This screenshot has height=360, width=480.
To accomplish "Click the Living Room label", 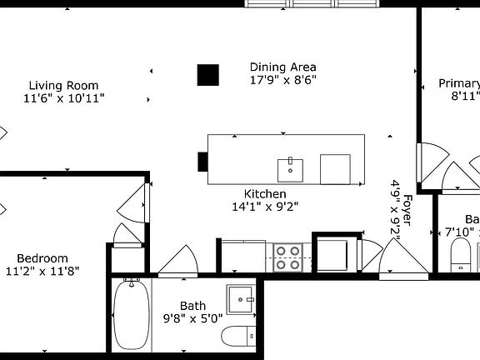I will (x=63, y=85).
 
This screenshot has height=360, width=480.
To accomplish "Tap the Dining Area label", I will (x=283, y=67).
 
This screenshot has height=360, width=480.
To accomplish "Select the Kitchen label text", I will (x=265, y=193).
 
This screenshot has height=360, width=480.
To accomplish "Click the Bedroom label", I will (x=42, y=258).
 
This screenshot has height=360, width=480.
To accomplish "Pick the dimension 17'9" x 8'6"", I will (x=283, y=80).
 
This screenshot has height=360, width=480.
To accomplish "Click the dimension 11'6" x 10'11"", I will (x=63, y=98).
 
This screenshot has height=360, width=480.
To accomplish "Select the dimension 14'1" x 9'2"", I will (x=265, y=207).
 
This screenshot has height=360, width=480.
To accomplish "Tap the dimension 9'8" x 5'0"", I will (x=192, y=317).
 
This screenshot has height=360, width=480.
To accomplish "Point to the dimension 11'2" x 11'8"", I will (x=42, y=271).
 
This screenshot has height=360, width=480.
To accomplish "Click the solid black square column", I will (x=207, y=75).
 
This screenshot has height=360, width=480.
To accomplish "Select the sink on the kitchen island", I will (x=291, y=168).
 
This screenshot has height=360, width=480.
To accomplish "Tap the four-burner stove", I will (x=288, y=257).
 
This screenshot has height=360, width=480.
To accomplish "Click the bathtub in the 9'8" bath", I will (x=132, y=314).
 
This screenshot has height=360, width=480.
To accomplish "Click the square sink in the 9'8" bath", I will (x=242, y=298).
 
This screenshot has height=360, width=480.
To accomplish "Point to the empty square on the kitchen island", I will (x=335, y=168).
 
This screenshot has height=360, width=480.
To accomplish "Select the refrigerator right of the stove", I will (x=333, y=251).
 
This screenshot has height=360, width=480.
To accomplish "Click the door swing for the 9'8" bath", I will (x=178, y=260).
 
